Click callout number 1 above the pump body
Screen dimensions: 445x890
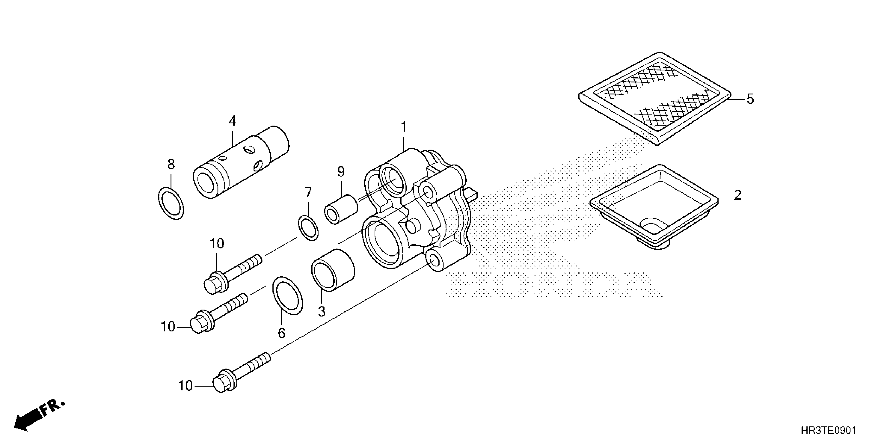(404, 127)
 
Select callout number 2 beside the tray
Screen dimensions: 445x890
(737, 196)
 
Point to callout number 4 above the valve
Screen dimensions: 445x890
(232, 121)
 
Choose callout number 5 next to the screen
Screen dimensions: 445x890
(750, 99)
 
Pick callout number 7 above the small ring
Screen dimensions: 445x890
(308, 192)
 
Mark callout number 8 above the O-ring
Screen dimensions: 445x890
(171, 164)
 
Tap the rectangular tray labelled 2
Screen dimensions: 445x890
(654, 207)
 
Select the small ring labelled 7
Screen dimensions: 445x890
(308, 228)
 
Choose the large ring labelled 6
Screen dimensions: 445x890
(287, 295)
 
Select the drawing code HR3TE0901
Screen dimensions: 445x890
(827, 431)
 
